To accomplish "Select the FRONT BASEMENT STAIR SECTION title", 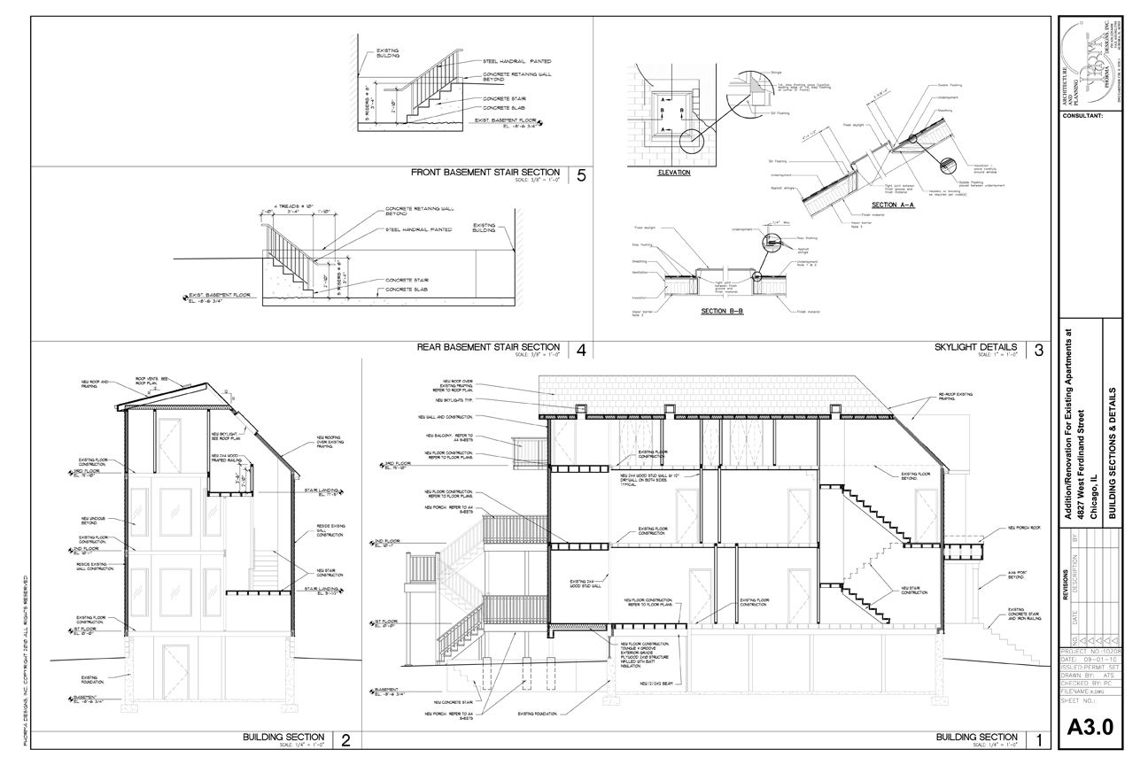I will tap(485, 173).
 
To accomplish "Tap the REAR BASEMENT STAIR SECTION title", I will tap(488, 347).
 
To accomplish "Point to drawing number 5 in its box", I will tap(581, 175).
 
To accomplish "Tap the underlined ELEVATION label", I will tap(674, 173).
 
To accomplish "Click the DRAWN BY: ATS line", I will tap(1090, 674).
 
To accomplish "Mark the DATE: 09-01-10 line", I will tap(1090, 657).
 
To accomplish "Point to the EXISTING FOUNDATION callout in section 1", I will tap(542, 713).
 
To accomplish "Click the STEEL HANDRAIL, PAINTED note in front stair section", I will tap(516, 61).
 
